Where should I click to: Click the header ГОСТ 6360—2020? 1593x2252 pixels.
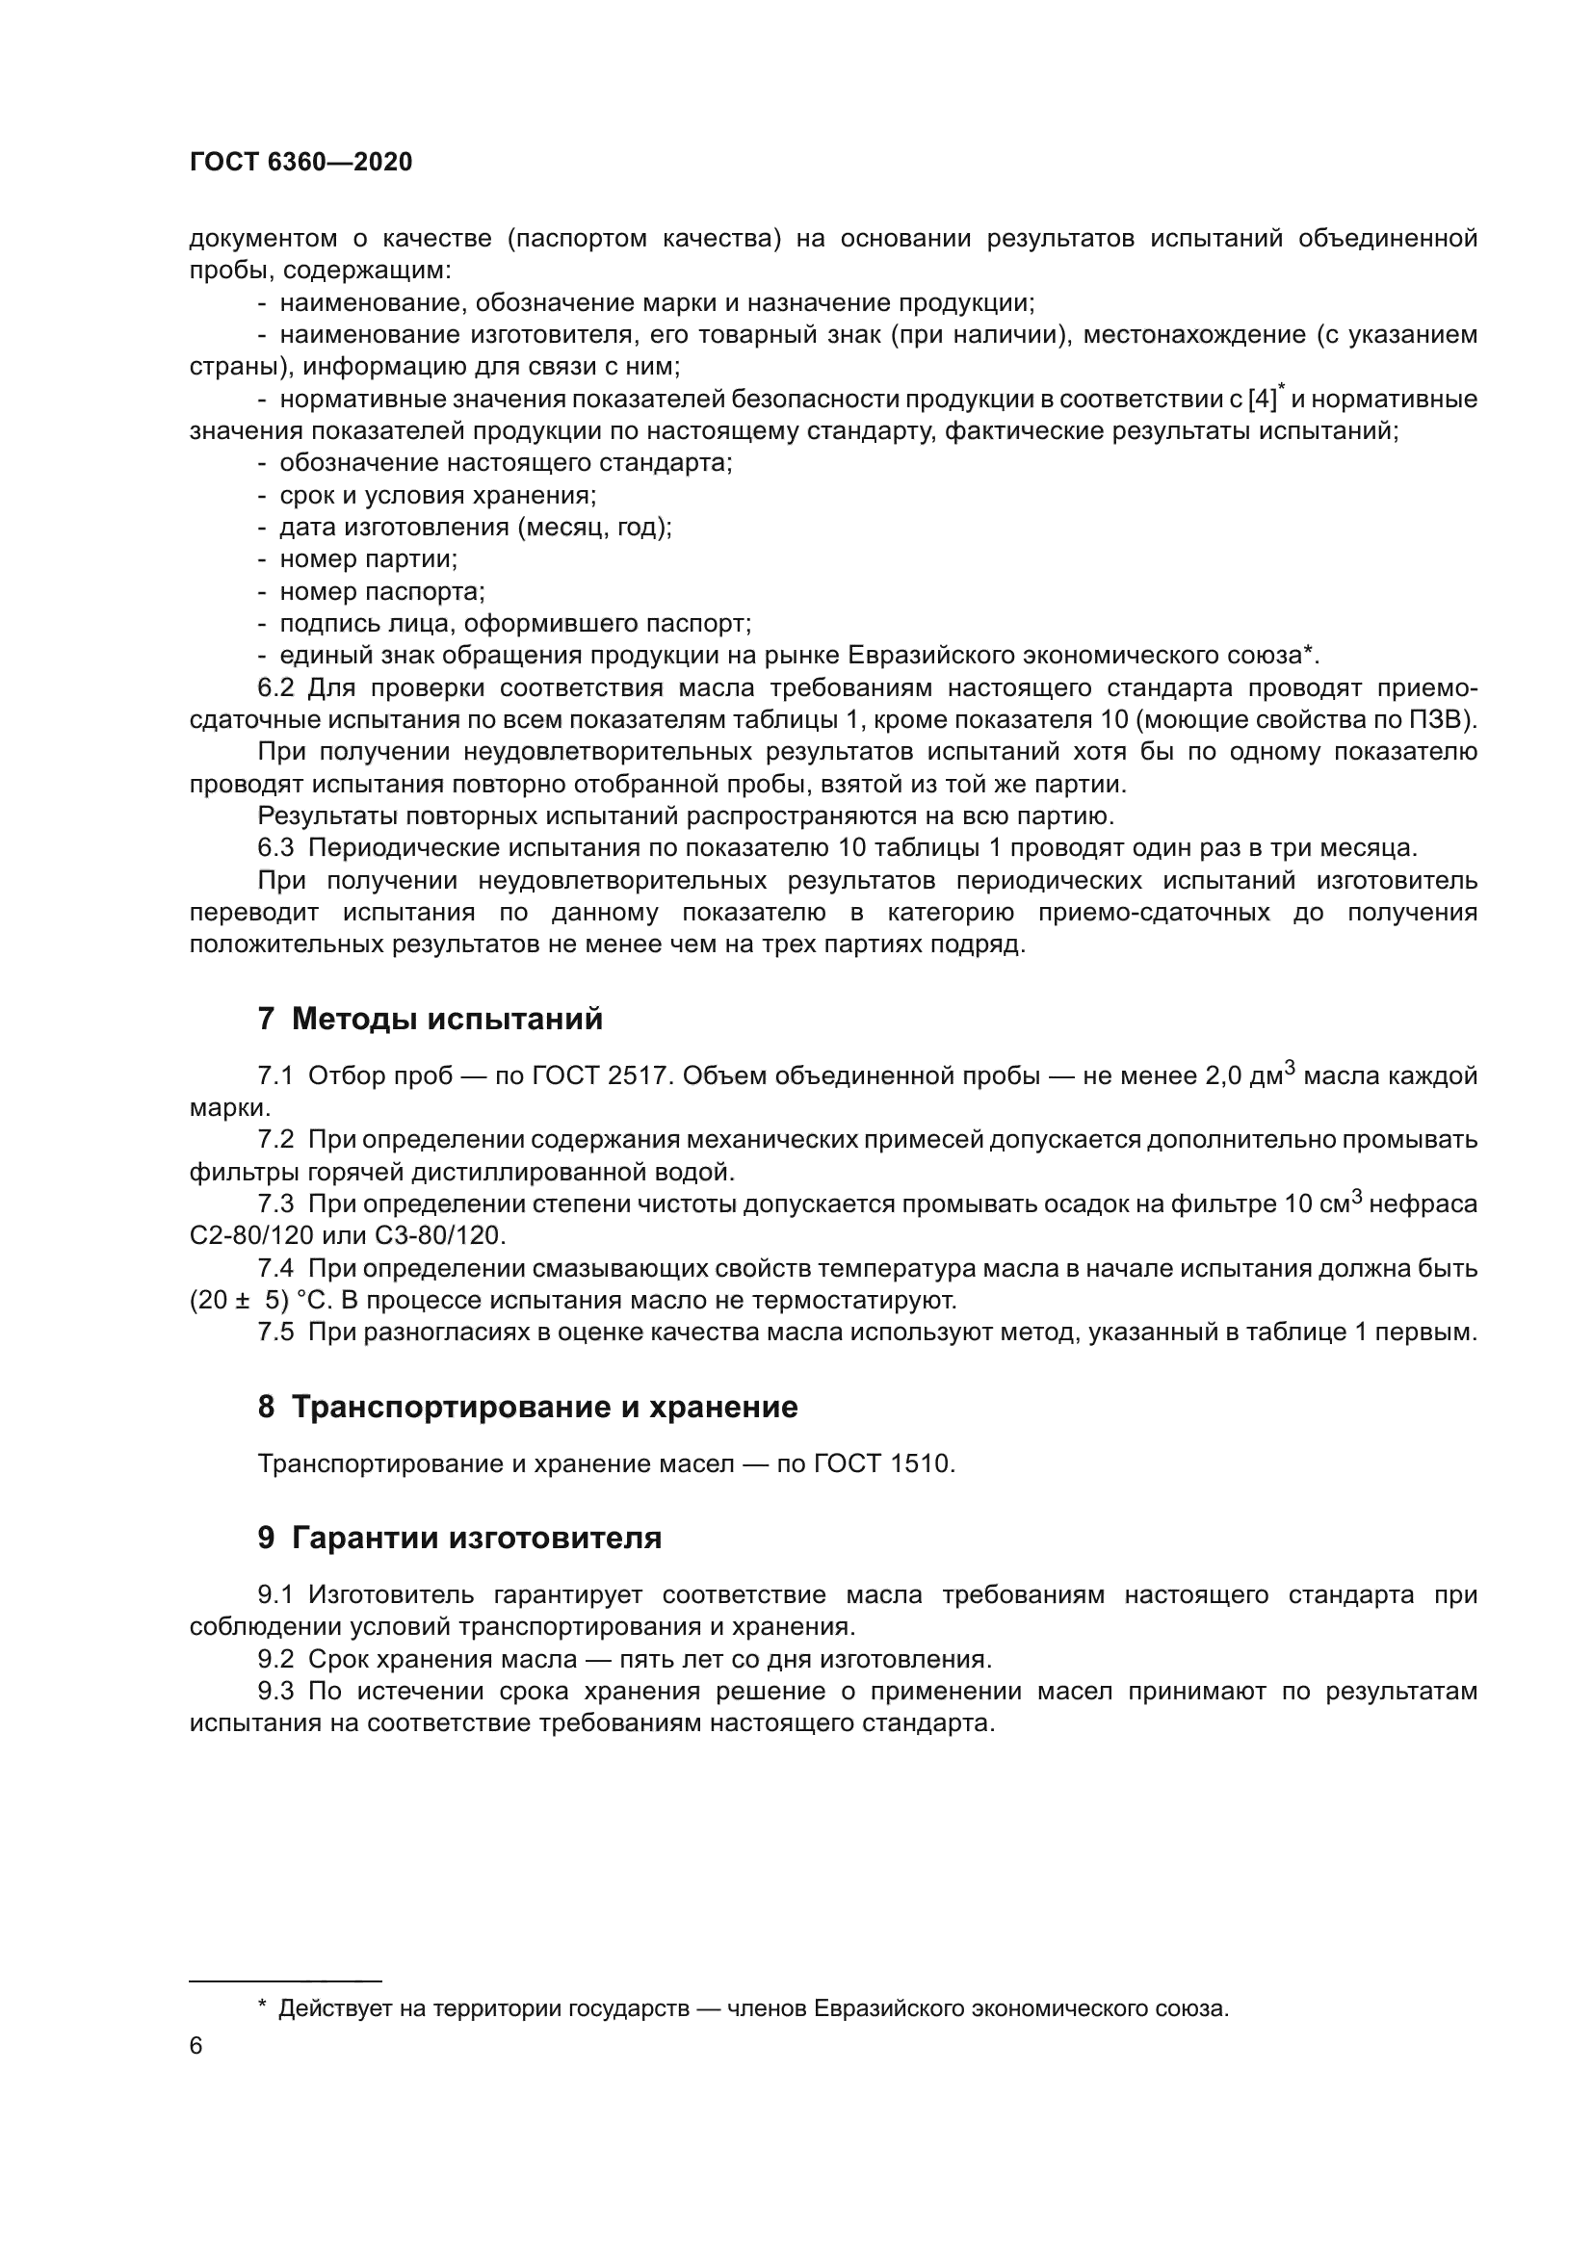(x=300, y=163)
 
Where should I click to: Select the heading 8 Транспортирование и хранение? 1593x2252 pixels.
(x=528, y=1408)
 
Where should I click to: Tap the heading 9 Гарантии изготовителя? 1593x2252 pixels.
(x=459, y=1538)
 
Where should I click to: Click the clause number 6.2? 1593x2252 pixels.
(x=275, y=687)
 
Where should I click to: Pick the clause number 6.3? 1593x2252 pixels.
(x=275, y=847)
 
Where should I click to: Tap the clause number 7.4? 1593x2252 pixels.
(x=275, y=1269)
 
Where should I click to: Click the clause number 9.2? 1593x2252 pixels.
(x=275, y=1660)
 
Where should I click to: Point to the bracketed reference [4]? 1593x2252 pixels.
(x=1264, y=400)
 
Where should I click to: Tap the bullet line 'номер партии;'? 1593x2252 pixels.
(x=369, y=559)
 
